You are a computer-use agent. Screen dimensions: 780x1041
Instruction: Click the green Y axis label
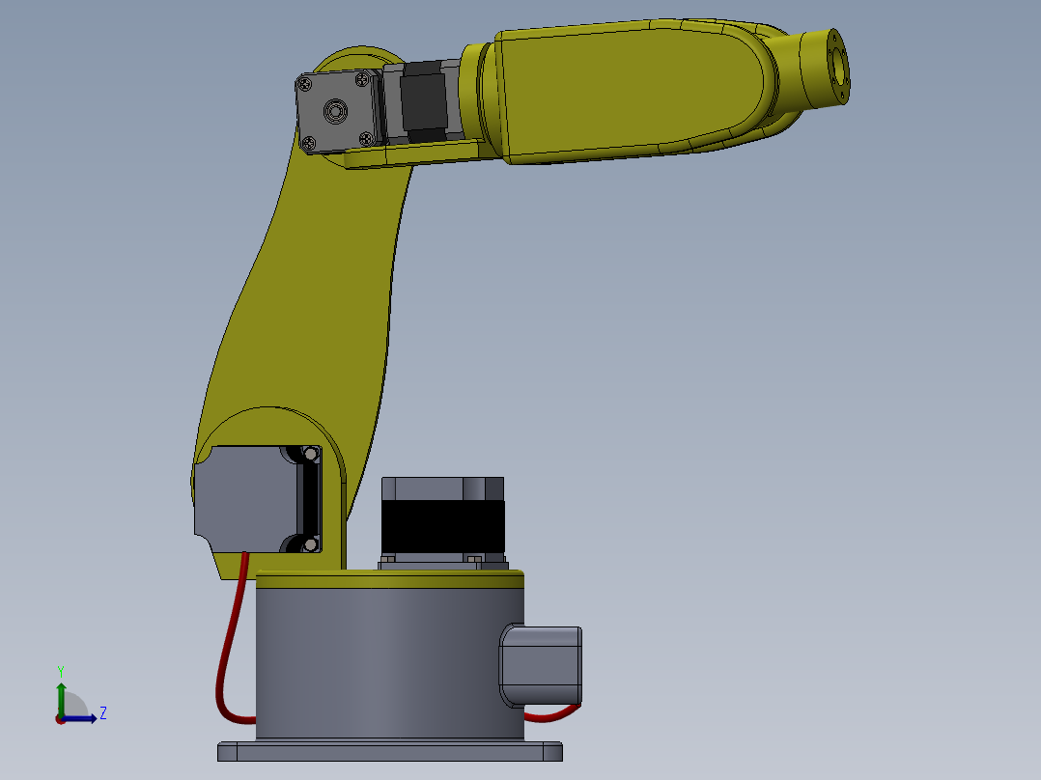tap(60, 670)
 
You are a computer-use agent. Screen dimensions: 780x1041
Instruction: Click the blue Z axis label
tap(102, 713)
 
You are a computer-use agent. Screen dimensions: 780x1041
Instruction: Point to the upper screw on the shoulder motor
tap(310, 453)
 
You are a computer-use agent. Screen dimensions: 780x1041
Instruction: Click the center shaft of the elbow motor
tap(335, 112)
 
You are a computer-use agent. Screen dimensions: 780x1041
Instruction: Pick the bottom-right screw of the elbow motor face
tap(366, 138)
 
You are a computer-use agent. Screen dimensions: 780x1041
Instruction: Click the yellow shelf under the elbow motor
tap(415, 153)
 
